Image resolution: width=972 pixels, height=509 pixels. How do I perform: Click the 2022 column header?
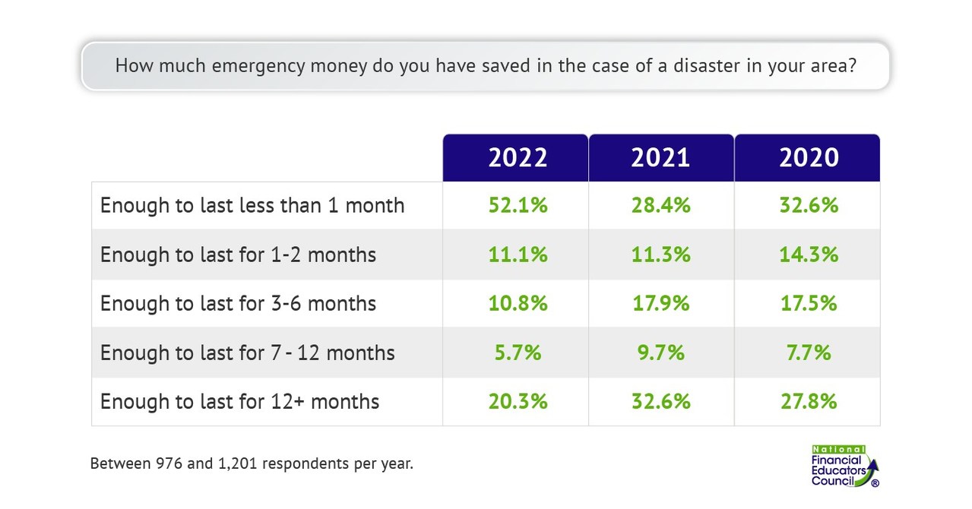517,157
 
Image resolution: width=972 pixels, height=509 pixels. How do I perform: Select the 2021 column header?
660,157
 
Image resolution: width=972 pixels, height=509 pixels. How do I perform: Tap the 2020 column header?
808,157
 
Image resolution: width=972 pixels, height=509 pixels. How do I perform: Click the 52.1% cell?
517,205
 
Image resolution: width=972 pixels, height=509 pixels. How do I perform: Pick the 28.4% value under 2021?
660,205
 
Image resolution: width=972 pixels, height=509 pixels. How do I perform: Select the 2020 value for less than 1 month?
808,205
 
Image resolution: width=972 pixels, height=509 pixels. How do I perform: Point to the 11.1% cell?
517,254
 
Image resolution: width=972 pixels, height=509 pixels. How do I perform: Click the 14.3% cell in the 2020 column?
808,254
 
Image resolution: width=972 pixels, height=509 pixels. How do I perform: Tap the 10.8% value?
517,303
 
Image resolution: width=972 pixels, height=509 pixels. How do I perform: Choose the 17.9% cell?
660,303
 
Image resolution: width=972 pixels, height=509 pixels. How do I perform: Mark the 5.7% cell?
517,353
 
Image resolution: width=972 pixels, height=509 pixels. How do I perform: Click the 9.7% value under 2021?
660,353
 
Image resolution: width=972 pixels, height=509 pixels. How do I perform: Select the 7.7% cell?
808,353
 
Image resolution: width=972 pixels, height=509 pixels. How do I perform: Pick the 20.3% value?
517,401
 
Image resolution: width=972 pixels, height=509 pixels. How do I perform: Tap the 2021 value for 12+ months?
660,401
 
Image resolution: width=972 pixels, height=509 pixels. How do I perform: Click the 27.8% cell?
808,401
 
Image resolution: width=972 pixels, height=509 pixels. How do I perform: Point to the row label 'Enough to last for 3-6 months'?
238,304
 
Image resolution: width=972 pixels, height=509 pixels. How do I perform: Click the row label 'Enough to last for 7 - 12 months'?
247,353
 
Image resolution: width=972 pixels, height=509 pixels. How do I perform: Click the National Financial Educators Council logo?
844,466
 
